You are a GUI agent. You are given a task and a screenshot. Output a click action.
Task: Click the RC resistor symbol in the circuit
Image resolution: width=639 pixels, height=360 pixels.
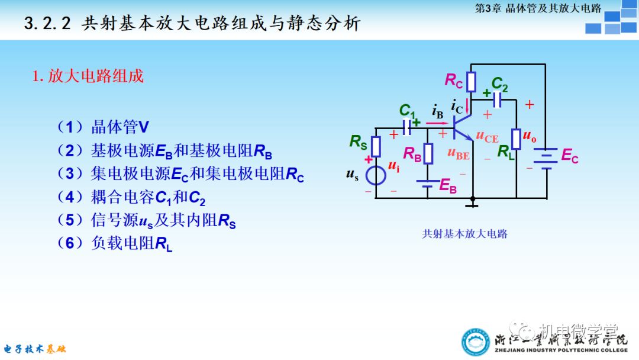point(471,82)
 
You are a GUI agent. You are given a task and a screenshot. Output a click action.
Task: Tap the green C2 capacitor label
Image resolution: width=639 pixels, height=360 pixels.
point(500,83)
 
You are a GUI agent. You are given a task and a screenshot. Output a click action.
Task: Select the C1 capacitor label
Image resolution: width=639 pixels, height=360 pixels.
point(407,110)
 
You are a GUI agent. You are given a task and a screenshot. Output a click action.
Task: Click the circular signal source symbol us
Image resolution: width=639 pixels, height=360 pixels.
point(375,175)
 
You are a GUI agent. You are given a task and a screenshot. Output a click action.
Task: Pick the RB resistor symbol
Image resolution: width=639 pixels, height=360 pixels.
point(428,153)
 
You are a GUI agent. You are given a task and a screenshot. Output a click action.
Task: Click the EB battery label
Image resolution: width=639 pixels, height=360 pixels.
point(448,186)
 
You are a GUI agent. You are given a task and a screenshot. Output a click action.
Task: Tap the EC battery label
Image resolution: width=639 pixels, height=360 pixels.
point(570,156)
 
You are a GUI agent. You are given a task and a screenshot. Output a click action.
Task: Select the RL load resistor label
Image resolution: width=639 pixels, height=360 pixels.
point(505,152)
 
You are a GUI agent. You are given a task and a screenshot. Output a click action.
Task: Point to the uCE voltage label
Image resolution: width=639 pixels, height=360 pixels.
point(488,137)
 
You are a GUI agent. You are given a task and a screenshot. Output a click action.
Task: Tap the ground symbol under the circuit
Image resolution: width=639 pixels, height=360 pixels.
point(472,204)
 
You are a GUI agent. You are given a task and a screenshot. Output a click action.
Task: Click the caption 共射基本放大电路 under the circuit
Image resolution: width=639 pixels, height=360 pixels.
point(464,234)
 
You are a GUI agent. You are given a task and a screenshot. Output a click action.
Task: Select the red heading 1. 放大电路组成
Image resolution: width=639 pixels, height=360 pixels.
point(88,76)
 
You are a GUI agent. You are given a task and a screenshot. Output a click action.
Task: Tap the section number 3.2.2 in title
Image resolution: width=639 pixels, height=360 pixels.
point(47,24)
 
